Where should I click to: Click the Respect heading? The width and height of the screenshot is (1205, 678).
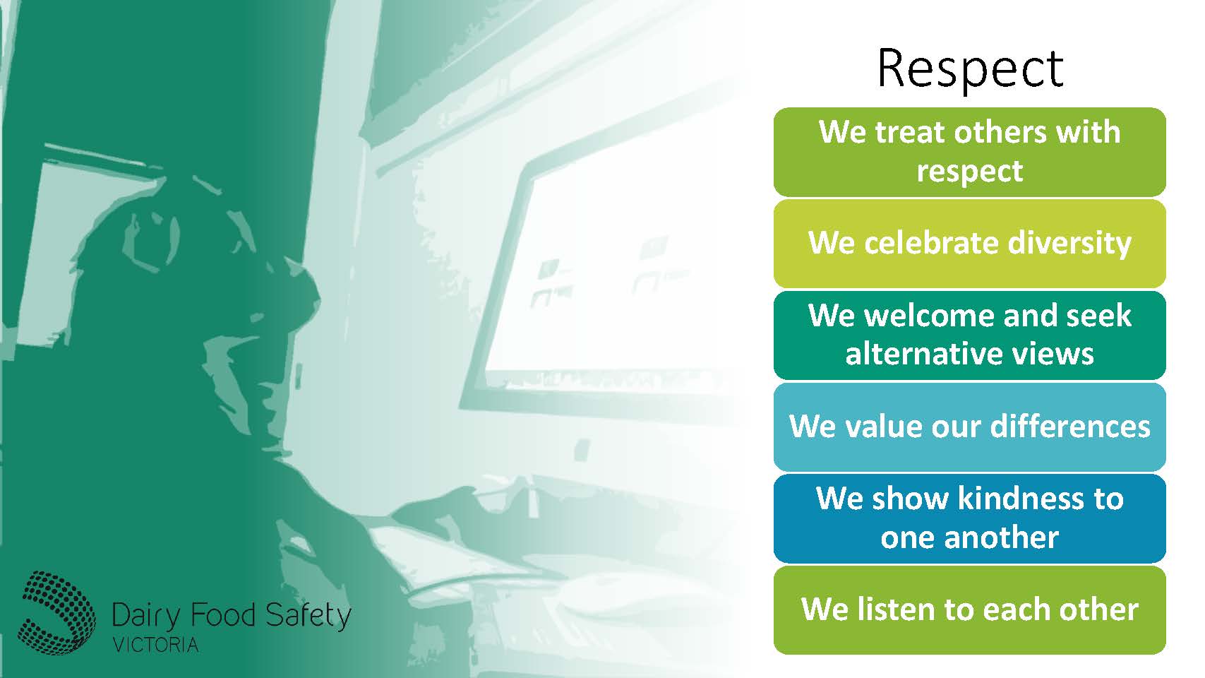969,69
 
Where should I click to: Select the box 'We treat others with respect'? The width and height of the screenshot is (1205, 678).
969,152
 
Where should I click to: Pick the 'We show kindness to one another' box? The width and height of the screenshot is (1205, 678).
969,518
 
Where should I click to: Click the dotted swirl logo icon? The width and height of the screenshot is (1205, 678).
56,612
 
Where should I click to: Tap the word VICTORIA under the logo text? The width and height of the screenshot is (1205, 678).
155,645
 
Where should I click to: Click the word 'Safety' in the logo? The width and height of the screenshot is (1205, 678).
308,615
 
